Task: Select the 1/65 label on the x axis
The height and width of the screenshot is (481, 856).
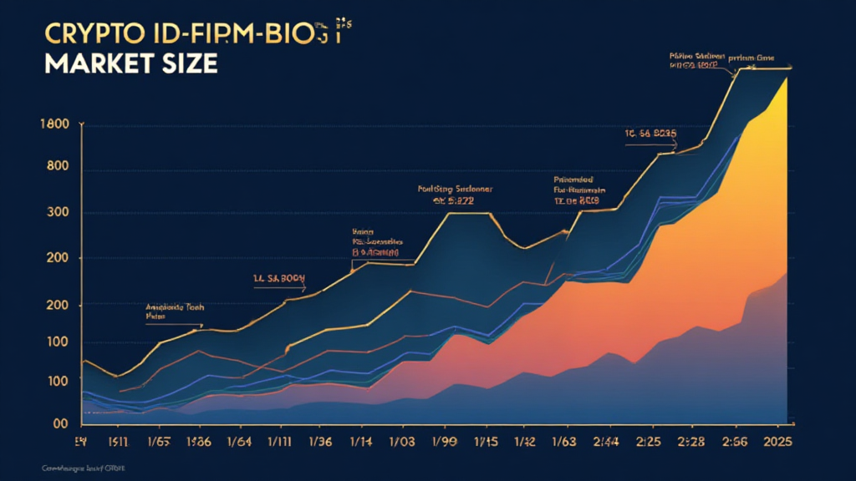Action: tap(158, 441)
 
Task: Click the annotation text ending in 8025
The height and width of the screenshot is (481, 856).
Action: tap(650, 134)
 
